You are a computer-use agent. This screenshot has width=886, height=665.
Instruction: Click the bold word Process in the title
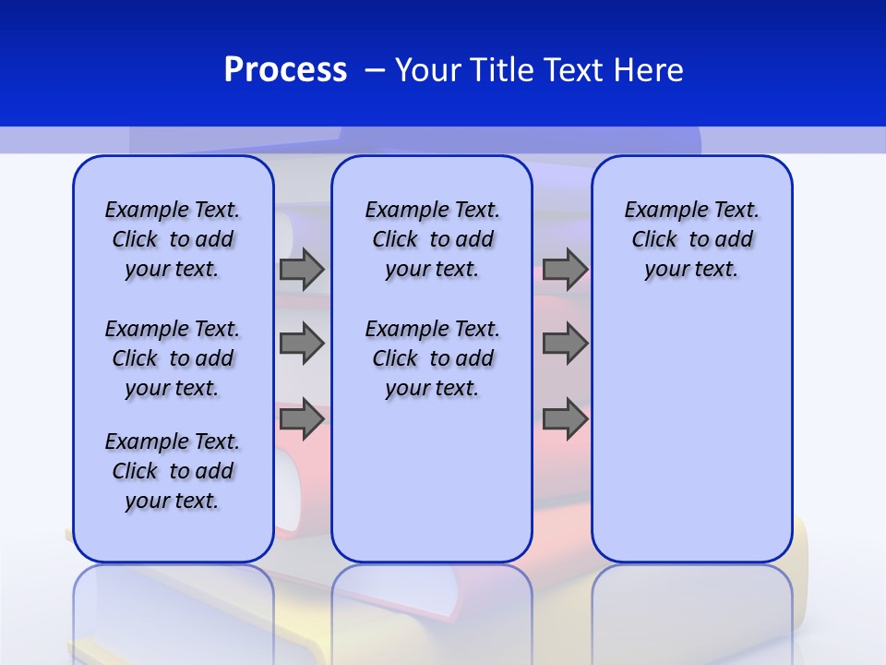point(285,70)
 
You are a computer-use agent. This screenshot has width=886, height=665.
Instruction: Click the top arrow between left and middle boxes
point(302,270)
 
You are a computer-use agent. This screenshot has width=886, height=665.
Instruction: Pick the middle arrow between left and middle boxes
point(302,344)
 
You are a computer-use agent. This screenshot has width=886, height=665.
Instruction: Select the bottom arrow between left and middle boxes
point(302,419)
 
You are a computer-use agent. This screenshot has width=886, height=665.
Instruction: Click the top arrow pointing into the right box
point(565,270)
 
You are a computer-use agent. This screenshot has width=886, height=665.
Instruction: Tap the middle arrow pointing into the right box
point(565,344)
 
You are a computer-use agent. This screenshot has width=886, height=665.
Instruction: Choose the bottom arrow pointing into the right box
point(565,419)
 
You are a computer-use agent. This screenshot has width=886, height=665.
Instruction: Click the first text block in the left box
point(173,239)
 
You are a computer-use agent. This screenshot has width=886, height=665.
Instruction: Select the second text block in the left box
point(173,358)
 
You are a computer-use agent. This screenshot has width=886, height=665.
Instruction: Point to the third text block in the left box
point(173,471)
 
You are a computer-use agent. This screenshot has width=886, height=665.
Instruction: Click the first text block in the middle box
point(432,239)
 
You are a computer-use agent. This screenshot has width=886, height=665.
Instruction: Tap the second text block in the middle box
point(432,358)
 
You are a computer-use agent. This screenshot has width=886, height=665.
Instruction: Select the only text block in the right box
point(691,239)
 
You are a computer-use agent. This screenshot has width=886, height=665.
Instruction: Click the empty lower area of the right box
point(691,434)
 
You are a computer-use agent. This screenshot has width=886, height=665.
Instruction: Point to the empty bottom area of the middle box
point(432,490)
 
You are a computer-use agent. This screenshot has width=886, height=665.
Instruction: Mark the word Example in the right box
point(659,210)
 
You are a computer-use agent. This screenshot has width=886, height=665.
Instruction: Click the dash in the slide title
point(375,70)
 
